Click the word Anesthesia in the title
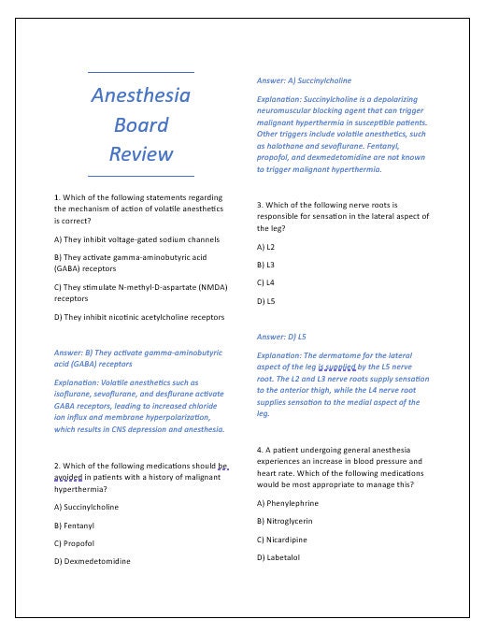141,95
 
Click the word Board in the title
141,124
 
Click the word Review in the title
141,153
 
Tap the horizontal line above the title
141,72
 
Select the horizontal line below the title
141,176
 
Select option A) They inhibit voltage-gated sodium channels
136,239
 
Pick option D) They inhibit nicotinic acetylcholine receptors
139,317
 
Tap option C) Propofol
77,543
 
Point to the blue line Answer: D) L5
281,335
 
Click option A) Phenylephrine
287,503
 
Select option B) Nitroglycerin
284,521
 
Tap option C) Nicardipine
281,540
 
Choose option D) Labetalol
278,557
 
